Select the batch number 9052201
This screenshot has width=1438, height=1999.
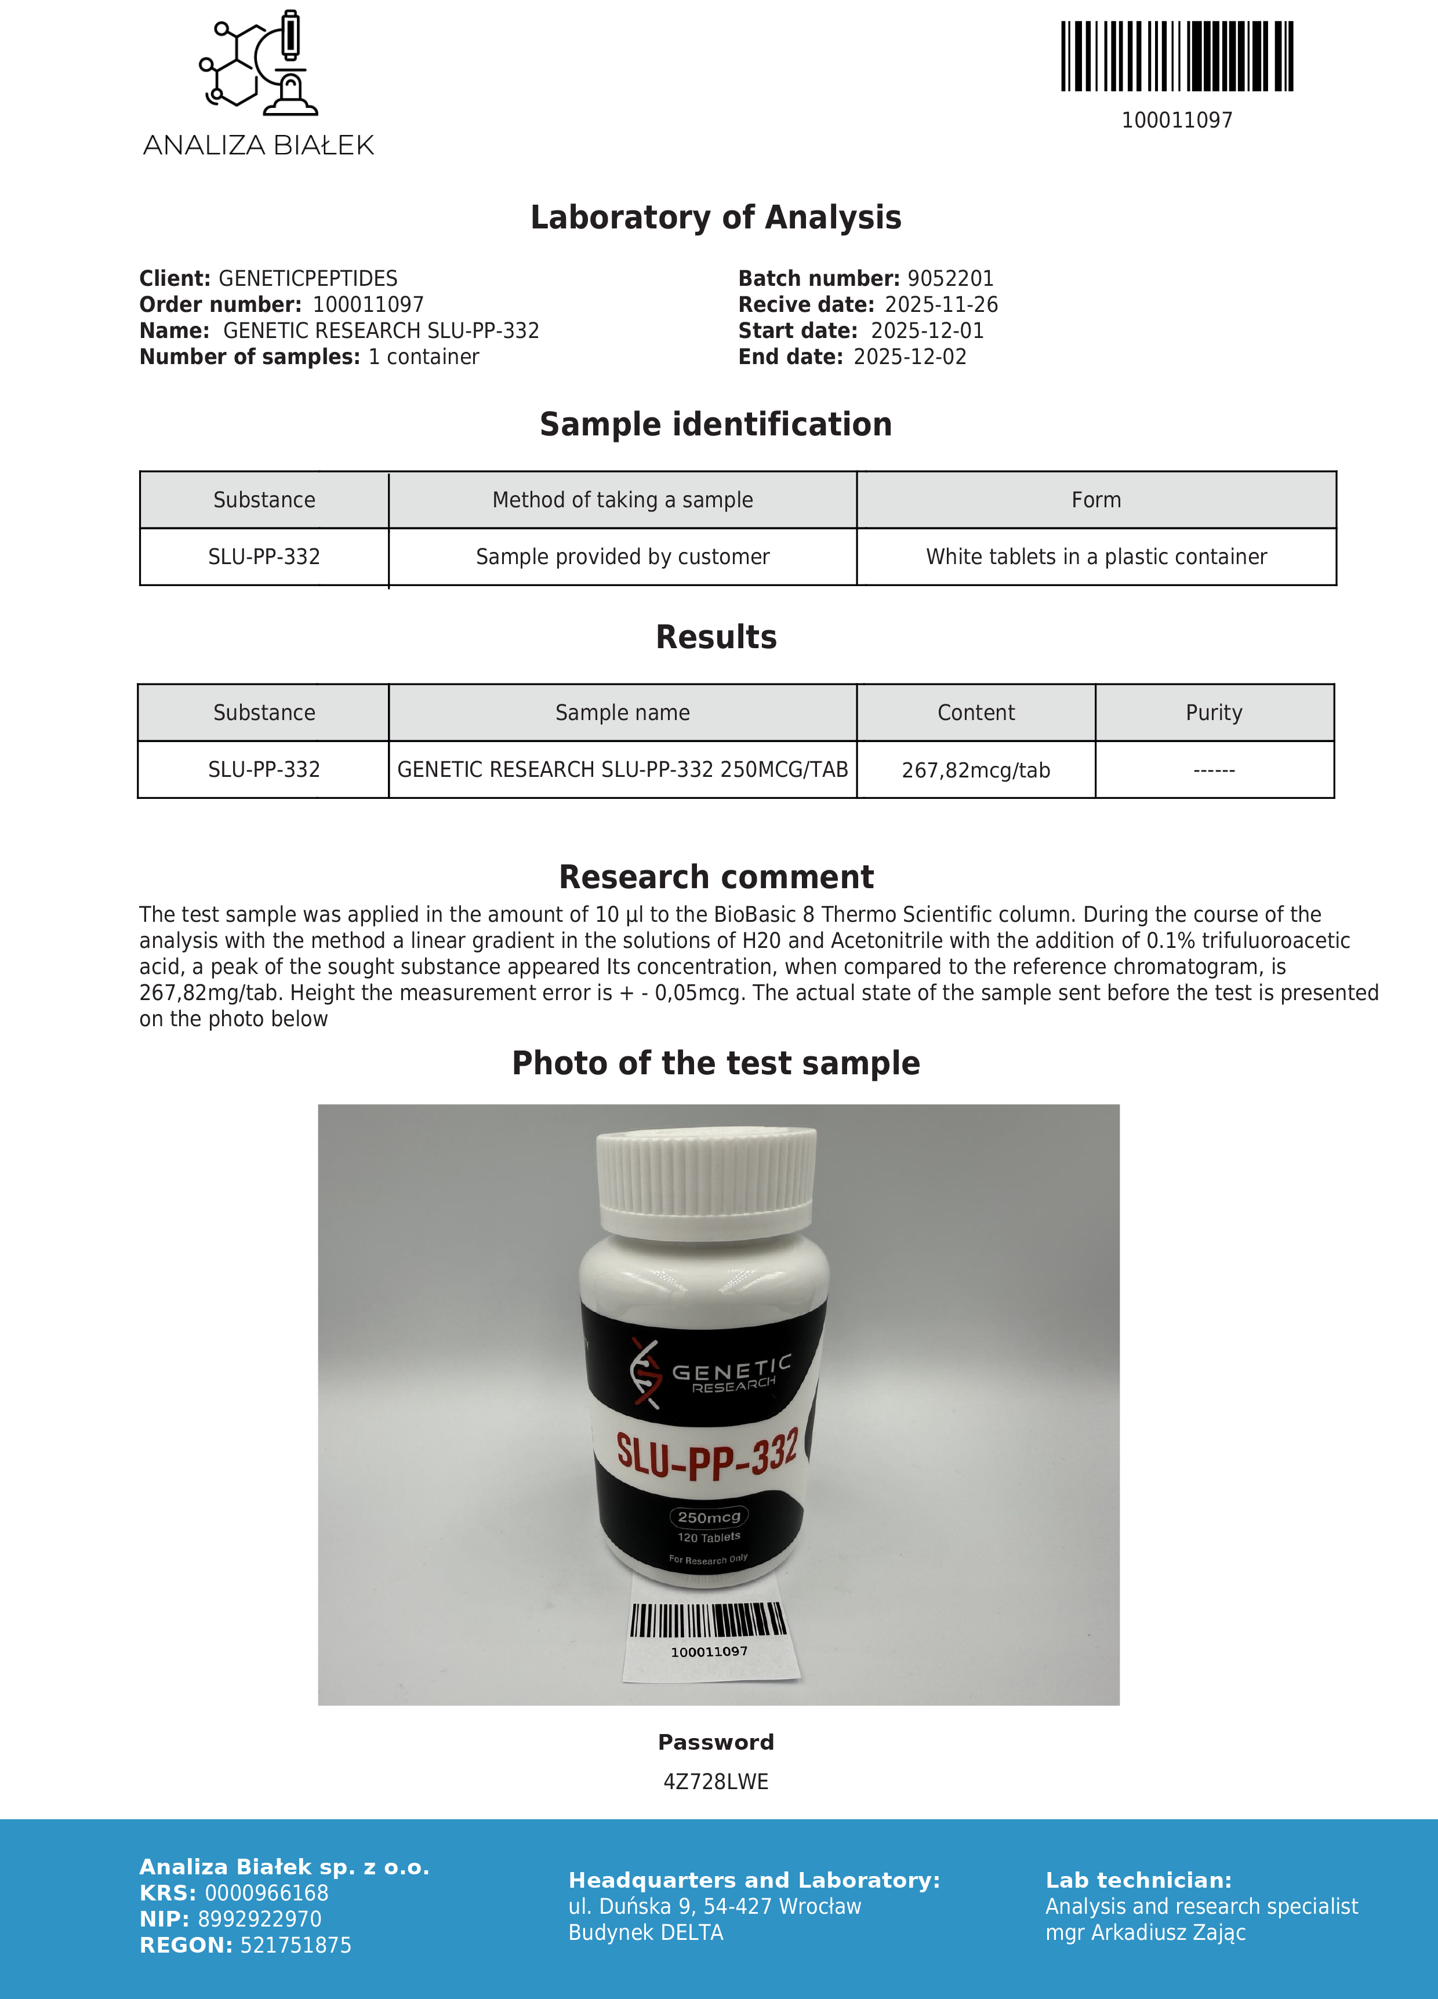[950, 278]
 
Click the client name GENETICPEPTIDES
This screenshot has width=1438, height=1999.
[308, 278]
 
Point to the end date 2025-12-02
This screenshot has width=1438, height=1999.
[910, 357]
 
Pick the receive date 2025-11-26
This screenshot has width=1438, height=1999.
[940, 305]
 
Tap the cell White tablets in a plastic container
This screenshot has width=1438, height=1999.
[1096, 557]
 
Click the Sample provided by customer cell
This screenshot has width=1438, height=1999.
[623, 557]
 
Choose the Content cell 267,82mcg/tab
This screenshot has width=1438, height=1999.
[975, 770]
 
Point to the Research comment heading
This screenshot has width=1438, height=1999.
[716, 878]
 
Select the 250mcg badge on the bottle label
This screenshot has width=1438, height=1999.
[709, 1517]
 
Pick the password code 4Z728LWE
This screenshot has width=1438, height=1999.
[716, 1782]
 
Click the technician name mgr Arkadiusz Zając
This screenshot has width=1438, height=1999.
[1145, 1933]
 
